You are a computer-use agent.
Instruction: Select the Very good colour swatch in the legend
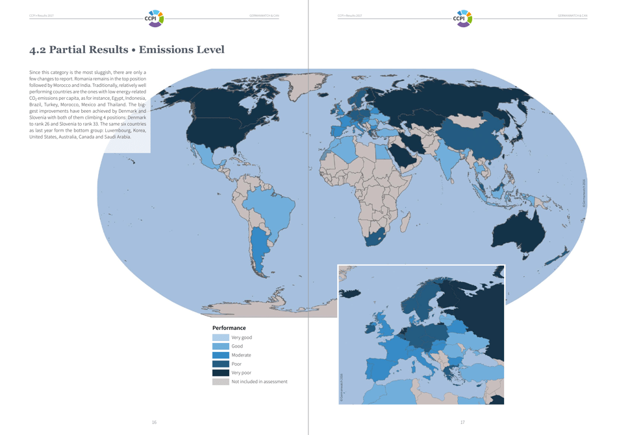click(220, 338)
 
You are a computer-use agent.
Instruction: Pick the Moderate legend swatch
click(220, 355)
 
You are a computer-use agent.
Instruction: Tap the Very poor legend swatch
click(220, 373)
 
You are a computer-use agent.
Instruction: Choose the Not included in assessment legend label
click(259, 382)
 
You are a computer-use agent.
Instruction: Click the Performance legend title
click(229, 328)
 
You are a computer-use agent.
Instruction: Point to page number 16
click(154, 423)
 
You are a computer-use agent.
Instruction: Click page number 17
click(462, 423)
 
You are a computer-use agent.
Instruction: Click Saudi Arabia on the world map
click(405, 156)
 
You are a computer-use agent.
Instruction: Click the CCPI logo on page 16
click(154, 17)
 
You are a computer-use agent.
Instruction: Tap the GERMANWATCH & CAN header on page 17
click(572, 16)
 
